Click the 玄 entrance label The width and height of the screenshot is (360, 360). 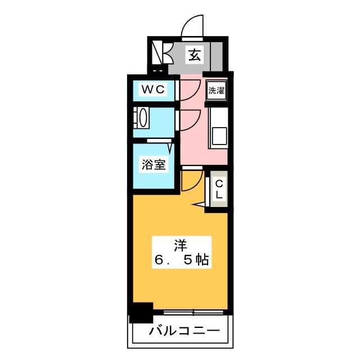tap(195, 55)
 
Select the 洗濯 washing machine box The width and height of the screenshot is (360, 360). tap(216, 90)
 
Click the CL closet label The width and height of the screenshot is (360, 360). tap(219, 188)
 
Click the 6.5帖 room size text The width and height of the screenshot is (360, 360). tap(181, 260)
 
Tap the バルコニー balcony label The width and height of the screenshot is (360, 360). tap(184, 331)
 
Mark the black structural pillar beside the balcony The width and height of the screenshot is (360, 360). tap(141, 313)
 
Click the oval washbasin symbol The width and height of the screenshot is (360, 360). tap(143, 119)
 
